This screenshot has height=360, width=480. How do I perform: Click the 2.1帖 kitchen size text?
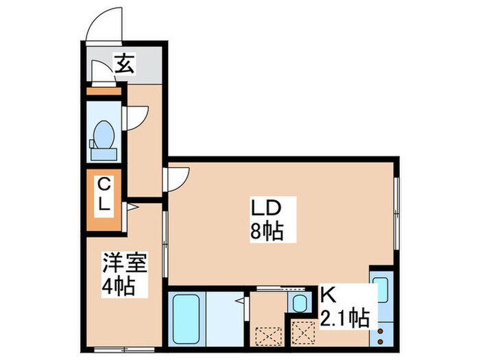(345, 318)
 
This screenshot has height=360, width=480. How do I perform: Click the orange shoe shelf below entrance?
(104, 90)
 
